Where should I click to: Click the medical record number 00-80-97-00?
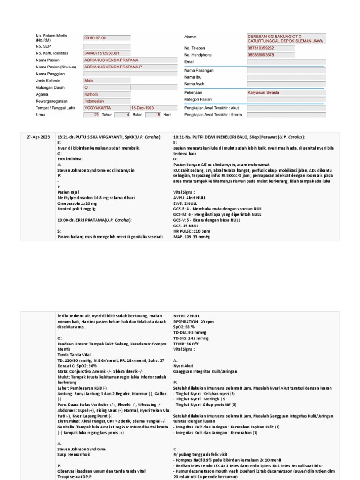pos(95,37)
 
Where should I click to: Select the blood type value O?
pos(86,87)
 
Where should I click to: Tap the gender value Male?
pos(89,81)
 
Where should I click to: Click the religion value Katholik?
pos(92,94)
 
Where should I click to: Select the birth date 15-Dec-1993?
pos(142,107)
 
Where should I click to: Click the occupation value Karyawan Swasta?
pos(263,93)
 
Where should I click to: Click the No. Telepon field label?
pos(195,48)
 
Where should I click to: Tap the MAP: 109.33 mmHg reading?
pos(192,237)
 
